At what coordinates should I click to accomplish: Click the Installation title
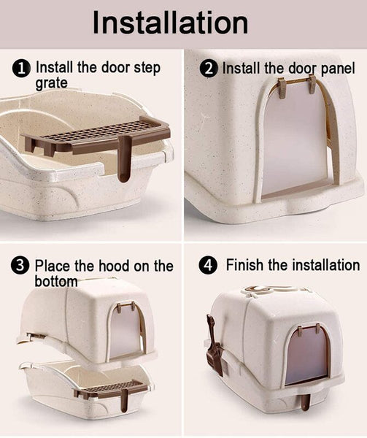(x=170, y=23)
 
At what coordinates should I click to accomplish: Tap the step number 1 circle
(x=21, y=69)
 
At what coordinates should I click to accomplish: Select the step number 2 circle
(x=209, y=69)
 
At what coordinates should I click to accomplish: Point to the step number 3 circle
(x=20, y=266)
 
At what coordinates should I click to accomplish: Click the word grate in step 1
(x=51, y=83)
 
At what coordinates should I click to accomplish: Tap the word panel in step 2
(x=339, y=69)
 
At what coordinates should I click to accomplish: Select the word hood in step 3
(x=114, y=266)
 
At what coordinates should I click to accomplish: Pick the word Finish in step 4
(x=244, y=265)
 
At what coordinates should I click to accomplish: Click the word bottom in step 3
(x=56, y=281)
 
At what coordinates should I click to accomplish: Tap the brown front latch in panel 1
(x=124, y=158)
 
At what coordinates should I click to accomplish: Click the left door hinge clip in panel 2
(x=282, y=88)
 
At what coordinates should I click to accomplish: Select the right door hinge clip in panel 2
(x=312, y=84)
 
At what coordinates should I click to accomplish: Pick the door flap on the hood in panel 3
(x=125, y=331)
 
